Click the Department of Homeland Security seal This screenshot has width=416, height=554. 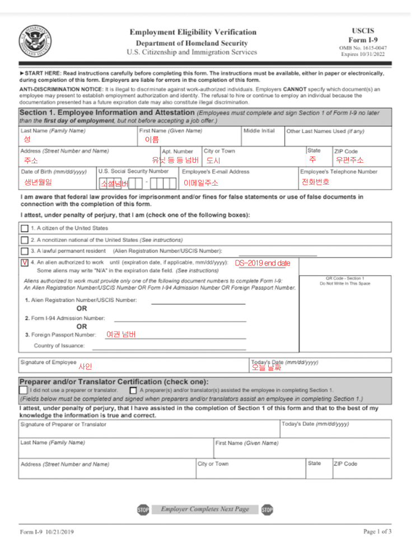35,41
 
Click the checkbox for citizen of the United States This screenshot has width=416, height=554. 25,229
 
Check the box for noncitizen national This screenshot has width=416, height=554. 25,240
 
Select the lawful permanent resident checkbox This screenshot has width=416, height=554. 25,251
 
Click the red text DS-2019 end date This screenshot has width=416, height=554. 262,263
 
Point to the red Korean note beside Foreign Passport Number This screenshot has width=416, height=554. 121,334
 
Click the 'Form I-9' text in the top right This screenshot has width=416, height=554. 362,40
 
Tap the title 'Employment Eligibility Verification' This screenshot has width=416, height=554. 193,32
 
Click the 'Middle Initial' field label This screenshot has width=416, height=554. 259,131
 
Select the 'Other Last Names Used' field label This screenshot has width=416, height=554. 325,131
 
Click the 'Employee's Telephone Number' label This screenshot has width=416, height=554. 339,172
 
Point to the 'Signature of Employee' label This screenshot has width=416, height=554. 48,362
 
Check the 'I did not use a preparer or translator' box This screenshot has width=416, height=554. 23,390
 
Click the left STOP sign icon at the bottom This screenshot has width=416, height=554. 143,510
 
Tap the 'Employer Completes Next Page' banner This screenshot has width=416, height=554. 204,509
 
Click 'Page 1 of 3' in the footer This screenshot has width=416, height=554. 377,531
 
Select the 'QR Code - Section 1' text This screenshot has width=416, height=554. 345,278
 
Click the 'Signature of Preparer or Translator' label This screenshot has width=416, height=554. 63,424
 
